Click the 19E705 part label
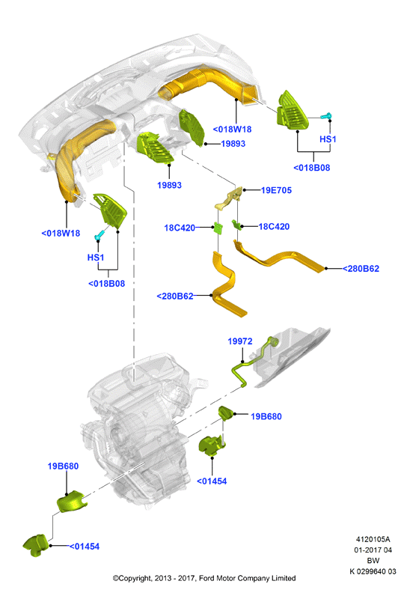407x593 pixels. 276,190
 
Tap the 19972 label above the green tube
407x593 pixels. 240,341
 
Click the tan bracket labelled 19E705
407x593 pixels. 229,198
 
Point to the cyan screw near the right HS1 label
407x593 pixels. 326,115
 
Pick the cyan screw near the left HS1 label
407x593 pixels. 100,234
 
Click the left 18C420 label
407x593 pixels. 180,228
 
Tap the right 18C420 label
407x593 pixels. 274,227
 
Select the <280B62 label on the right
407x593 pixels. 361,269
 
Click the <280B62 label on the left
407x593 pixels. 175,296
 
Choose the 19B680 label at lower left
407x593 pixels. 63,466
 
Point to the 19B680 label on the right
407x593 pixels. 266,416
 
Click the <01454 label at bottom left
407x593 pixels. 85,547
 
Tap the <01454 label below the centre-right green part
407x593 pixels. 212,481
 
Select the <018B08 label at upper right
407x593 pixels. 312,168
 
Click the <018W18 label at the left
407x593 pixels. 61,234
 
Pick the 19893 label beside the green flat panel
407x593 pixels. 233,144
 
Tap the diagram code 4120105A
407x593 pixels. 373,539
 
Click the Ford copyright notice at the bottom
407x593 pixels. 204,578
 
